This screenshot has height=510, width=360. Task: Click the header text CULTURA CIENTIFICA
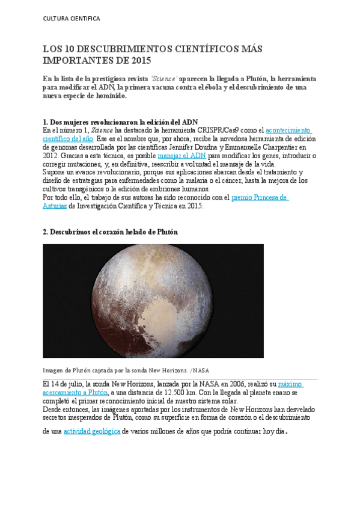tap(72, 19)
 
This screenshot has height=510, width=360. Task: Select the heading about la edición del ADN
tap(120, 122)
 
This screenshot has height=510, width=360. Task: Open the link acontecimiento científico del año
tap(288, 131)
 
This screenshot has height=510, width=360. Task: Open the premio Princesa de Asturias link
tap(260, 197)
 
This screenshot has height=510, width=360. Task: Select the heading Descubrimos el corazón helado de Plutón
tap(110, 232)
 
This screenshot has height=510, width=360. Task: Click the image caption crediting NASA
tap(126, 370)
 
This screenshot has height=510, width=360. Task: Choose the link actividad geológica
tap(92, 431)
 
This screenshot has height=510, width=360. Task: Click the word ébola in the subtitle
tap(234, 87)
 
